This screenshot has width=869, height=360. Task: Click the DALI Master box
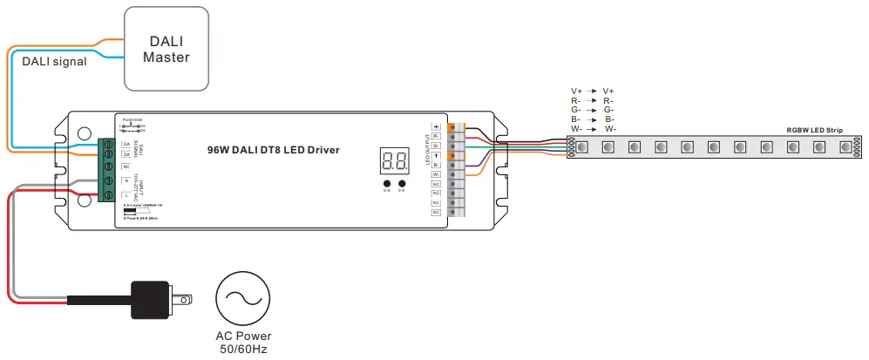[x=166, y=48]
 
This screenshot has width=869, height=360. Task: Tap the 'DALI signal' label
[x=54, y=61]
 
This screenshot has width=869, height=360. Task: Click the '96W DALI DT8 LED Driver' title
[x=274, y=150]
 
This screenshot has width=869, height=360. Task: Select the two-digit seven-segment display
[x=395, y=160]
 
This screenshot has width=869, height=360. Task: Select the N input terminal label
[x=126, y=180]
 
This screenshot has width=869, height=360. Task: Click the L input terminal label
[x=126, y=196]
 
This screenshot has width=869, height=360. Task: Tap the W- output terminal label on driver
[x=437, y=173]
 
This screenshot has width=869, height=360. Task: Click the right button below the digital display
[x=402, y=183]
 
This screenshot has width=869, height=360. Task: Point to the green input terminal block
[x=108, y=170]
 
